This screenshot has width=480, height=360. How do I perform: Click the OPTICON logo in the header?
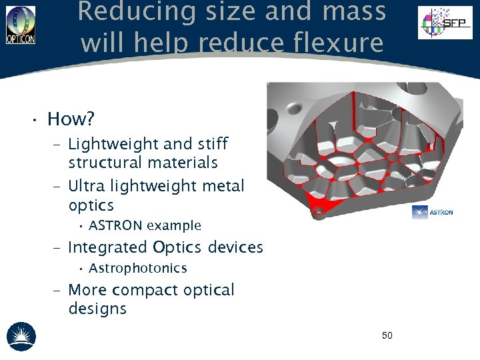coord(21,25)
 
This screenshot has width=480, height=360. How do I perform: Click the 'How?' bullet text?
coord(71,119)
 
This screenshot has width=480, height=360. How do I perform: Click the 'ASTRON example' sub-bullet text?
coord(145,225)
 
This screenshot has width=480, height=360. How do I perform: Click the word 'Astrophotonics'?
coord(137,268)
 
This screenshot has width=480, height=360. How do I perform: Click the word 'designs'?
coord(97,309)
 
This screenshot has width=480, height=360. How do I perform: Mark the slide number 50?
coord(387,335)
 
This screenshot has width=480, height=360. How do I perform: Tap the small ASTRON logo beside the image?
coord(432,212)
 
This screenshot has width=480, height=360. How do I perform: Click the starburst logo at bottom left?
coord(21,336)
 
